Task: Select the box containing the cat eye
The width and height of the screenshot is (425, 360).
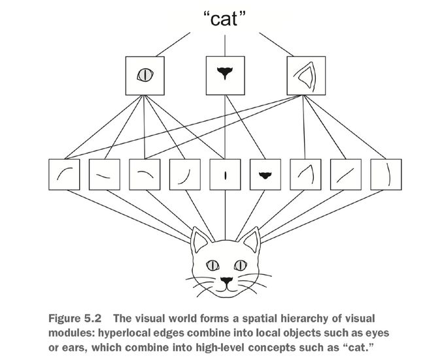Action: pyautogui.click(x=144, y=76)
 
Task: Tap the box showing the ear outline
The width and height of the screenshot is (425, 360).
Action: pyautogui.click(x=306, y=76)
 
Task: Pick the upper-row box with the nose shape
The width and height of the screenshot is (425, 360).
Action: pyautogui.click(x=225, y=76)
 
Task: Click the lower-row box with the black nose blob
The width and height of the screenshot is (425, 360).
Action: pyautogui.click(x=265, y=175)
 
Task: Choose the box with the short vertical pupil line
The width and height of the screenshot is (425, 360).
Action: pyautogui.click(x=225, y=175)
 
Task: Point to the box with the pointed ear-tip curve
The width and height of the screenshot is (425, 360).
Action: pyautogui.click(x=305, y=175)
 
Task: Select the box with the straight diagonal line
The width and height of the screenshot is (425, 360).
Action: pyautogui.click(x=346, y=175)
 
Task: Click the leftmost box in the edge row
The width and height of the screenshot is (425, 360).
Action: pyautogui.click(x=64, y=175)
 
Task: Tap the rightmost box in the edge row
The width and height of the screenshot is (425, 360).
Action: pyautogui.click(x=386, y=175)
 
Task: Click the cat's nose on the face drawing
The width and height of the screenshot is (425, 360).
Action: pyautogui.click(x=226, y=281)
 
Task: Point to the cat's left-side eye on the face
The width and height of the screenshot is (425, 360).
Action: pyautogui.click(x=212, y=265)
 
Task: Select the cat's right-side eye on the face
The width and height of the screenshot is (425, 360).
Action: pyautogui.click(x=241, y=265)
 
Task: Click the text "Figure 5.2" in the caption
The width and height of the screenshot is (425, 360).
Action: pyautogui.click(x=75, y=318)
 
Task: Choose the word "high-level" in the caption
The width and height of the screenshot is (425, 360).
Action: pyautogui.click(x=220, y=348)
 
